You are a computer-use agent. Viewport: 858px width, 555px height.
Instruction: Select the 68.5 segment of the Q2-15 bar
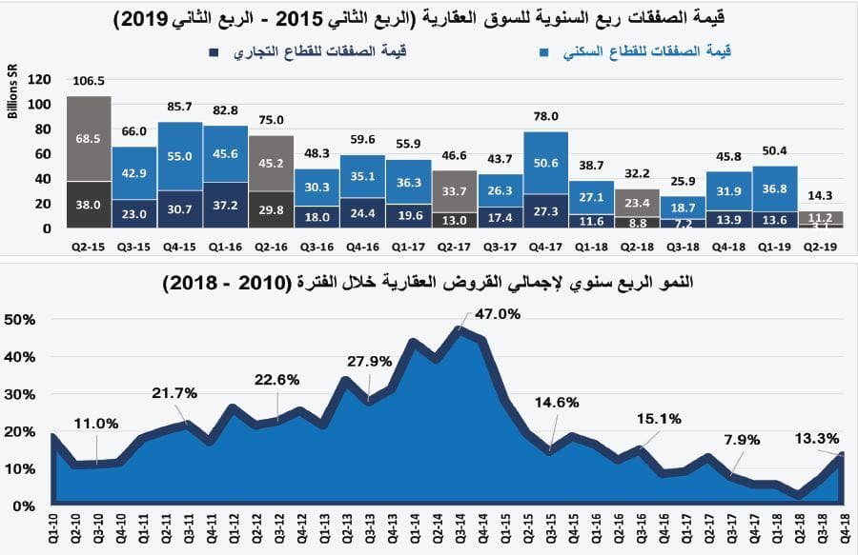click(x=89, y=138)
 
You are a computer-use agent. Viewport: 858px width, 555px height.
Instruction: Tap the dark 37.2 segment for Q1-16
click(x=225, y=205)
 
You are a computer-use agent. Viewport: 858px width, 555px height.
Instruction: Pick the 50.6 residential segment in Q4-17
click(x=546, y=164)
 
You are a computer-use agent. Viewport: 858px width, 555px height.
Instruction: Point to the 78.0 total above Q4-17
click(x=546, y=117)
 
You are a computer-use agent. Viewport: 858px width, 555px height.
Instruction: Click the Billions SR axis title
click(x=13, y=95)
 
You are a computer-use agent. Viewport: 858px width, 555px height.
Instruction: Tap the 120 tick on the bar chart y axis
click(x=40, y=79)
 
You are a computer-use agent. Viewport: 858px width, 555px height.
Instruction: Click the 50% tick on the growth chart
click(x=20, y=319)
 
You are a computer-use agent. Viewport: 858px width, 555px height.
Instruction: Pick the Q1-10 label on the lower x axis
click(x=53, y=527)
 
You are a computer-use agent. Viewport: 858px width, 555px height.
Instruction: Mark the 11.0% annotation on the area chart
click(x=95, y=424)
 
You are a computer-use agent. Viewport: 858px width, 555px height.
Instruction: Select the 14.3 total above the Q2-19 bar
click(x=819, y=195)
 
